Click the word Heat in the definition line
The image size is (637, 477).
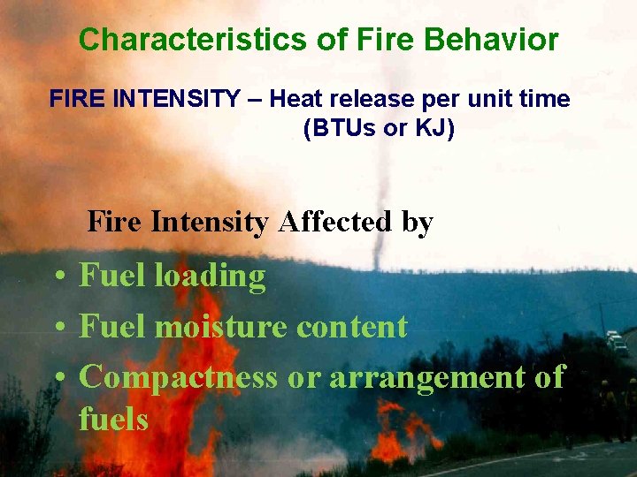(292, 99)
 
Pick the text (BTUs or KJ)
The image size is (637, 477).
(379, 128)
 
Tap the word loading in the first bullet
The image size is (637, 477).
(211, 276)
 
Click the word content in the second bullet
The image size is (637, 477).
(351, 327)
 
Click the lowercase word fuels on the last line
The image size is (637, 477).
(112, 419)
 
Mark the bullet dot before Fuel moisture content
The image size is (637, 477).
(57, 329)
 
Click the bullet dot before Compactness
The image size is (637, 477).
(57, 379)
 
